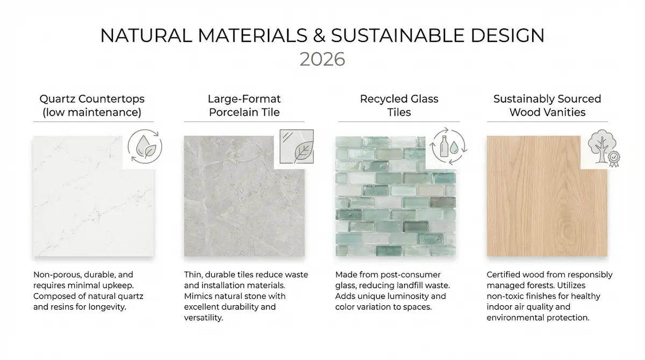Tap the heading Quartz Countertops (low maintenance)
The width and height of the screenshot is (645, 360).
click(x=92, y=105)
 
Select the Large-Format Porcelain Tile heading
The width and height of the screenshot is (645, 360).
click(x=245, y=105)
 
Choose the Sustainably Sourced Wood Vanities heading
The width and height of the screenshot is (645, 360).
click(x=547, y=105)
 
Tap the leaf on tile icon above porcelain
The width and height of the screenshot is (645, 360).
click(x=297, y=146)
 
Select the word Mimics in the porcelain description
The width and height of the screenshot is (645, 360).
click(x=198, y=296)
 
